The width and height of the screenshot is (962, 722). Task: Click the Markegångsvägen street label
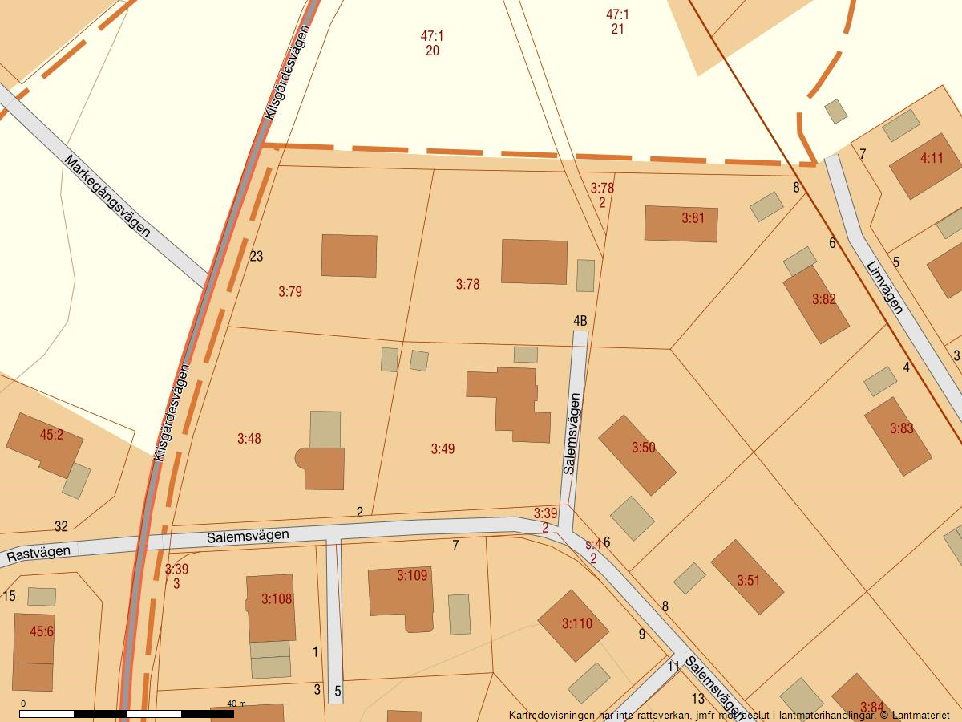[x=107, y=196]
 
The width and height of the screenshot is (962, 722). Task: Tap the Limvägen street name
[x=885, y=287]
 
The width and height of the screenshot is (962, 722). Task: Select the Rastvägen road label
[x=38, y=552]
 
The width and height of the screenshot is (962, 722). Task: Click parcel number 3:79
[x=290, y=291]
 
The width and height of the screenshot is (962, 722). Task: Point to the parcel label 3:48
[x=249, y=439]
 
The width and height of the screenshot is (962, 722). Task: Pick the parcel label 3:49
[x=443, y=448]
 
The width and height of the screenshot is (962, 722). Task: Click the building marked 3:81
[x=681, y=224]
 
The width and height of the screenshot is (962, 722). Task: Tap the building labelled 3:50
[x=637, y=455]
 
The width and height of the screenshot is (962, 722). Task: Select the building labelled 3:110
[x=573, y=626]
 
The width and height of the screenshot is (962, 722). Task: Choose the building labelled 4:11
[x=924, y=165]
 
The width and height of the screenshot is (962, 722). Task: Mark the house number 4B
[x=580, y=321]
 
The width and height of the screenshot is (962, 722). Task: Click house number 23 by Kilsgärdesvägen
[x=257, y=257]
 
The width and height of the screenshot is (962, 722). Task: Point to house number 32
[x=61, y=526]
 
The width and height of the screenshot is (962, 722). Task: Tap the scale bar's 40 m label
[x=236, y=704]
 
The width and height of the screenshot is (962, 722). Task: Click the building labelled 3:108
[x=271, y=607]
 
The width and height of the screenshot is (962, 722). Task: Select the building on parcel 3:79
[x=350, y=256]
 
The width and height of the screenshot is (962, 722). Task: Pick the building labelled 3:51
[x=747, y=578]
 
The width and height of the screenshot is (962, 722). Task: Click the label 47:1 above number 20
[x=432, y=35]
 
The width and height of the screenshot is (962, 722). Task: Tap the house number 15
[x=10, y=596]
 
